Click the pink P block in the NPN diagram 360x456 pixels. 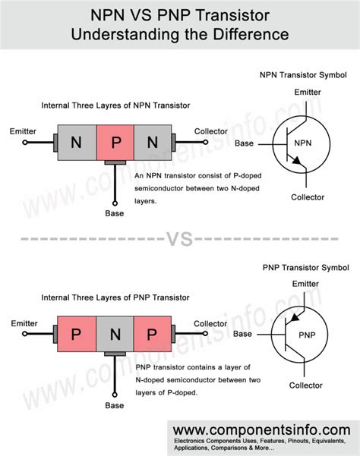point(115,142)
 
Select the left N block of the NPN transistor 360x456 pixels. point(77,142)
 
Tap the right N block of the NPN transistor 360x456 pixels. point(153,142)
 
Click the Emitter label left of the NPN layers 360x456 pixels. point(23,131)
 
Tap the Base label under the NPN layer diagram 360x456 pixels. point(115,213)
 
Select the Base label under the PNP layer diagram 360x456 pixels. point(115,405)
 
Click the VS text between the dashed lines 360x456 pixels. point(180,240)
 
